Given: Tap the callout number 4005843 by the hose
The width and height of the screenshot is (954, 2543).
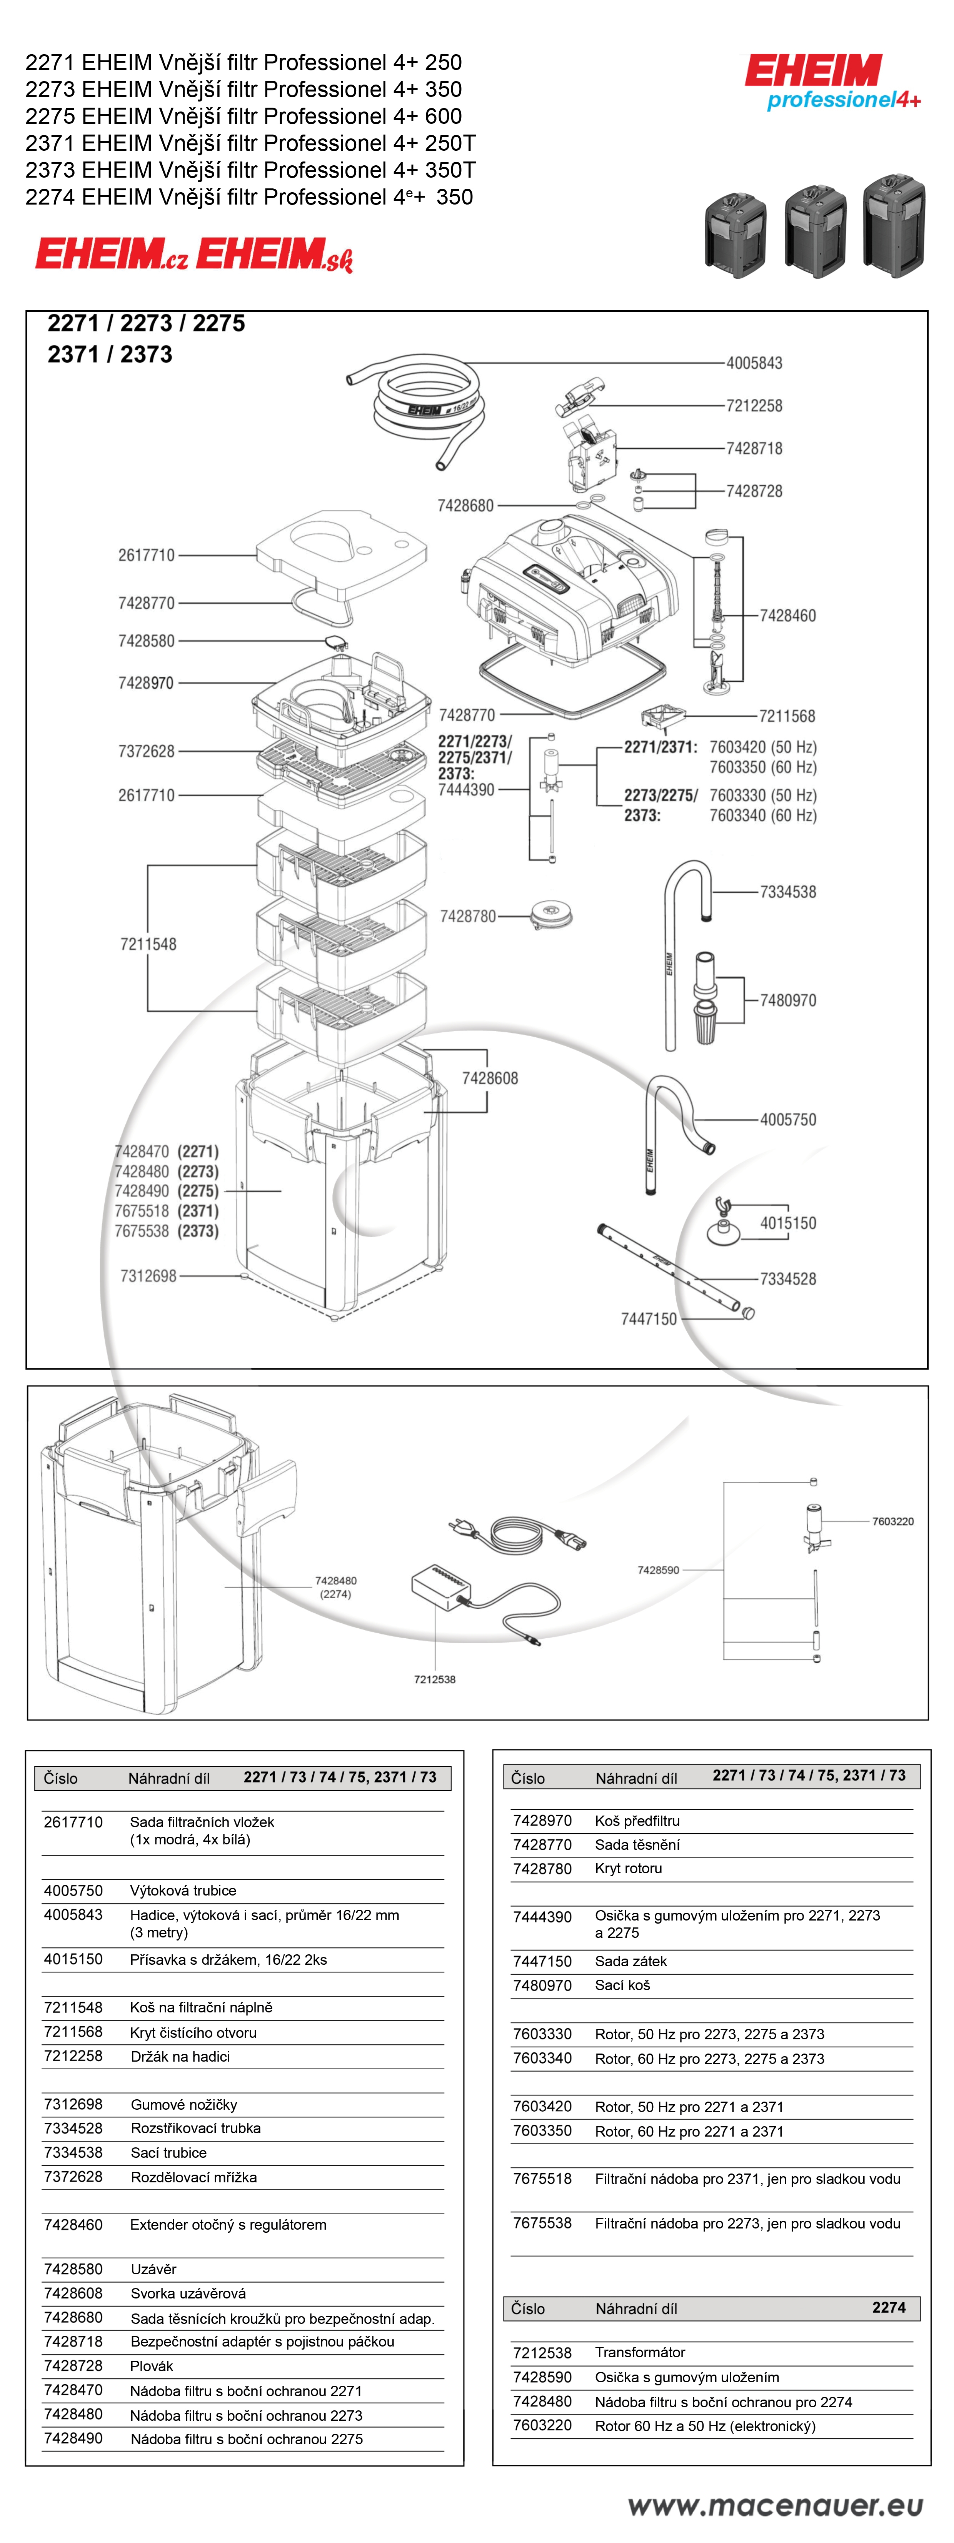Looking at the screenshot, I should [754, 363].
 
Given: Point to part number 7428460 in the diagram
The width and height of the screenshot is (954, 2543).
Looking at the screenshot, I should [787, 616].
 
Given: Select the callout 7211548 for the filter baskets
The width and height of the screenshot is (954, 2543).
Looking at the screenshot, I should [148, 945].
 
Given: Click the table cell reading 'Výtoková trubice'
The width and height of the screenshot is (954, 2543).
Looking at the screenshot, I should [183, 1891].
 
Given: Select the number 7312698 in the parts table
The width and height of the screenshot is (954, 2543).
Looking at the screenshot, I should [73, 2104].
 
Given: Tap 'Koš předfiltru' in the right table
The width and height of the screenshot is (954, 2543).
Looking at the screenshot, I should [637, 1821].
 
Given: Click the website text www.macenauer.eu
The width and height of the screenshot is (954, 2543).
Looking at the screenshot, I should [775, 2505].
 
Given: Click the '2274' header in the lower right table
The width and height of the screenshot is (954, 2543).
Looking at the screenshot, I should [889, 2307].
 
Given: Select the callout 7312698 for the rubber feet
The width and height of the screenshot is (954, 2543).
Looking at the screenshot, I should [148, 1276].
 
